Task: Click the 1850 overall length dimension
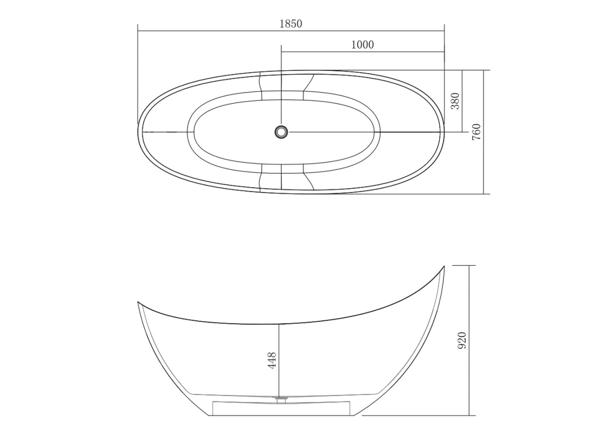tap(291, 24)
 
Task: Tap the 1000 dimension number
tap(362, 45)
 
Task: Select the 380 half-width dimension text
tap(455, 101)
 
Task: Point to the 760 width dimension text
tap(476, 132)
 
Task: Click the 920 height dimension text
tap(462, 340)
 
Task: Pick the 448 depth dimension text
tap(273, 361)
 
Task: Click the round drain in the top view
tap(282, 132)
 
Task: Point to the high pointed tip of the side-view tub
tap(444, 266)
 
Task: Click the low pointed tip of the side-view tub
tap(138, 302)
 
